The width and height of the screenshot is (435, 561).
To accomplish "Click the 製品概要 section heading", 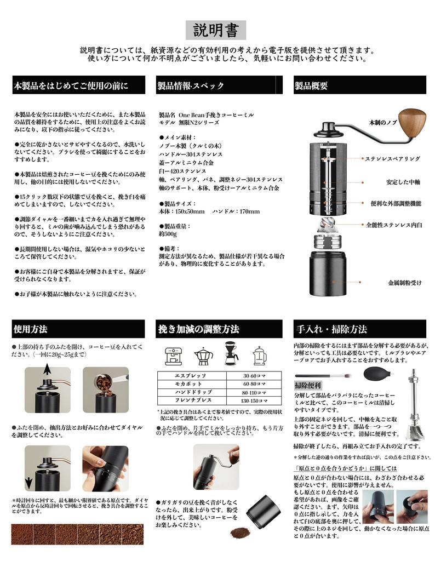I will [311, 86].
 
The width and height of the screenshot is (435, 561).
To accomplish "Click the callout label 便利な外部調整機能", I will [396, 203].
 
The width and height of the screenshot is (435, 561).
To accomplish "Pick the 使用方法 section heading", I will [30, 329].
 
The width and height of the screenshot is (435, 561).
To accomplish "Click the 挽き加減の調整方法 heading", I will [198, 329].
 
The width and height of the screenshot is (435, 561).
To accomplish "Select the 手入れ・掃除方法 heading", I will [331, 330].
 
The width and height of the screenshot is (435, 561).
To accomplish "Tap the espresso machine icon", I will [174, 357].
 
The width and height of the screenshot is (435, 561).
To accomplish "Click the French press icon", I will [259, 357].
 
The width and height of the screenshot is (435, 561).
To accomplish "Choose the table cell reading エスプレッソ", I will [191, 376].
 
